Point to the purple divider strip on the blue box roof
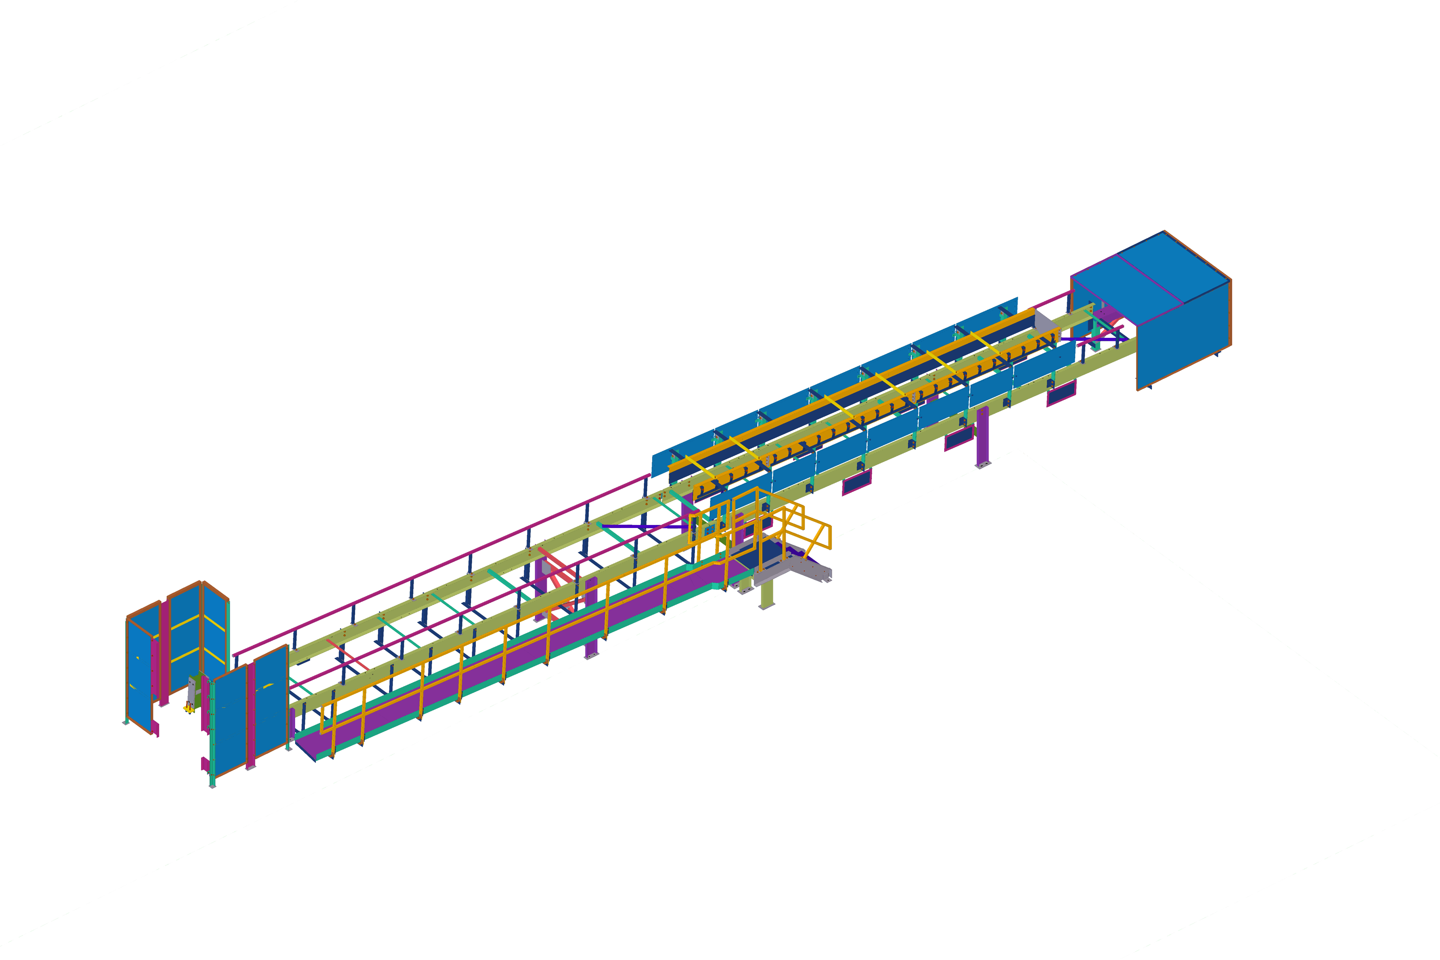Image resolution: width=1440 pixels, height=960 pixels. (1150, 279)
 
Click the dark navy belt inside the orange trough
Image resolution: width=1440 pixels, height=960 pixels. (857, 398)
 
